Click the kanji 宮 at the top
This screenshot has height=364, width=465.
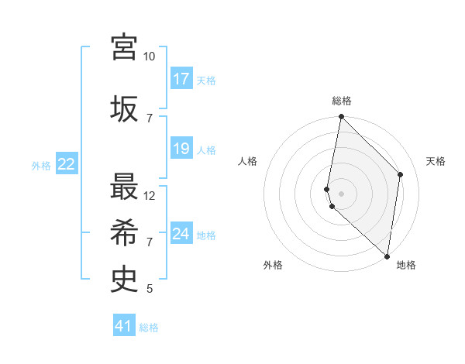[x=124, y=47]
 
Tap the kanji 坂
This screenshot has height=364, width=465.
[x=124, y=107]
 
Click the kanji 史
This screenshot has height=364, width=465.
[x=124, y=278]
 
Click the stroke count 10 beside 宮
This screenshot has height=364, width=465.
[x=149, y=57]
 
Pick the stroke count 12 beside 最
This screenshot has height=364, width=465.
[x=150, y=195]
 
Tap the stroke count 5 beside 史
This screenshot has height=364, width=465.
[x=149, y=289]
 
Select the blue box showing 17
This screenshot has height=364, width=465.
[x=181, y=79]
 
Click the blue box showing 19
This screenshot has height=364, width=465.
[x=181, y=149]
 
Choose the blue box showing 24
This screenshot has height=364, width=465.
[x=181, y=234]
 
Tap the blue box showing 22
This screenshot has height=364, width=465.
[x=67, y=163]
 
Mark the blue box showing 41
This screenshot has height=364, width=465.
[x=124, y=326]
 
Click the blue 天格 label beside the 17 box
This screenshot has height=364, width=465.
[x=206, y=80]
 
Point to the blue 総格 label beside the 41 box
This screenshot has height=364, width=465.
[x=149, y=327]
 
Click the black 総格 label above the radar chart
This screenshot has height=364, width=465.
[x=342, y=101]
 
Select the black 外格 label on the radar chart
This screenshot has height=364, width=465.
[x=273, y=266]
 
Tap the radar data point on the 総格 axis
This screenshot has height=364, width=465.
[x=341, y=118]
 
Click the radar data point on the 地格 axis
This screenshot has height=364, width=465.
[x=387, y=256]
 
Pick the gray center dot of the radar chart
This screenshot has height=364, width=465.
[x=341, y=193]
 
